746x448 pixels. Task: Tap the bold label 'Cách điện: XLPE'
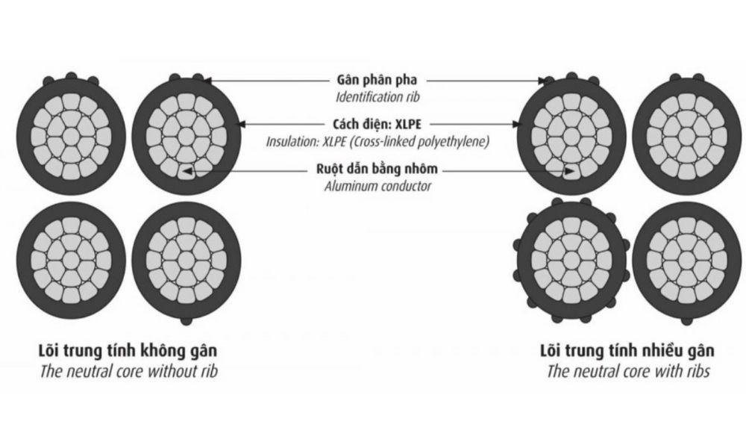click(377, 123)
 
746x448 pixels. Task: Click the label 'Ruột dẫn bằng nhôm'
click(377, 169)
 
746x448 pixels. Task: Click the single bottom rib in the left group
click(186, 320)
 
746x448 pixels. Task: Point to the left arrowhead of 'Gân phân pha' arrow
click(210, 79)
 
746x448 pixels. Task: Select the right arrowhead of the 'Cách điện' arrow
click(517, 123)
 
